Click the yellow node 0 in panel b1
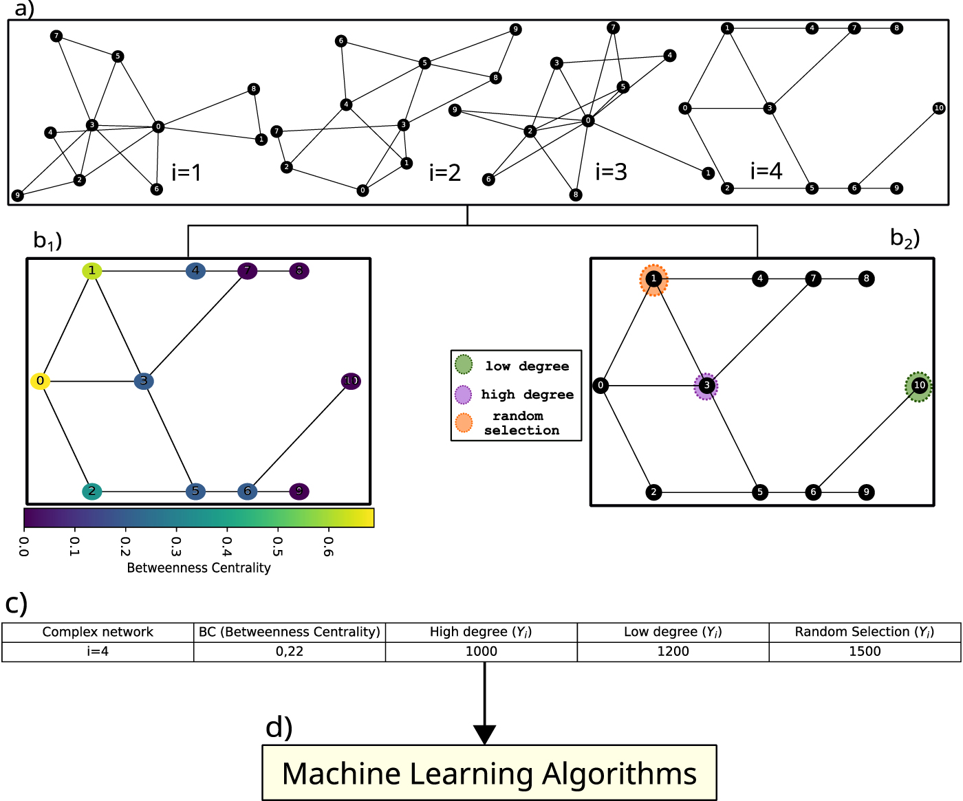click(41, 381)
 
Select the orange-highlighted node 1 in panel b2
click(653, 279)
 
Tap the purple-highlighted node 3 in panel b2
click(706, 386)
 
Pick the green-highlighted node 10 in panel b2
click(919, 386)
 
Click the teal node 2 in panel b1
click(91, 492)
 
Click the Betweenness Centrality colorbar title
click(199, 568)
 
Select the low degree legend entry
click(513, 366)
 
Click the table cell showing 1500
click(865, 651)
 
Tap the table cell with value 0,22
click(290, 651)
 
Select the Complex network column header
click(98, 632)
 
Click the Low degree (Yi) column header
click(673, 632)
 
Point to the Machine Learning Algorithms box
click(489, 773)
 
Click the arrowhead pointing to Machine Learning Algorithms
click(484, 735)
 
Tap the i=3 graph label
click(611, 172)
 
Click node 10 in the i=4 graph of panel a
click(939, 108)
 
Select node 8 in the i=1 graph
click(254, 89)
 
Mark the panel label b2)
click(905, 238)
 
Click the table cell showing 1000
click(481, 651)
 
